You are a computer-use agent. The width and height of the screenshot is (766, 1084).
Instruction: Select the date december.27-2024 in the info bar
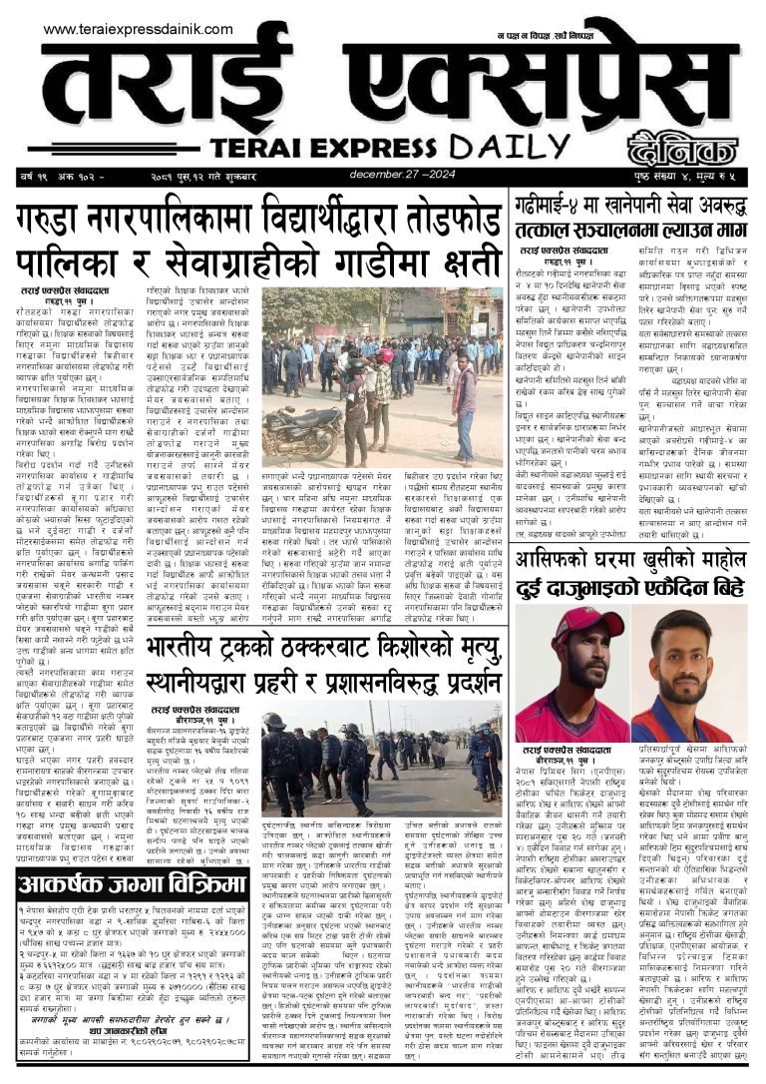[x=429, y=176]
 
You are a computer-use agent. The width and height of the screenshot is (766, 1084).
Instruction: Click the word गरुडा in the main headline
[x=63, y=218]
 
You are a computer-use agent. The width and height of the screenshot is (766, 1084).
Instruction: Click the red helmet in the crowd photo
[x=385, y=354]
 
